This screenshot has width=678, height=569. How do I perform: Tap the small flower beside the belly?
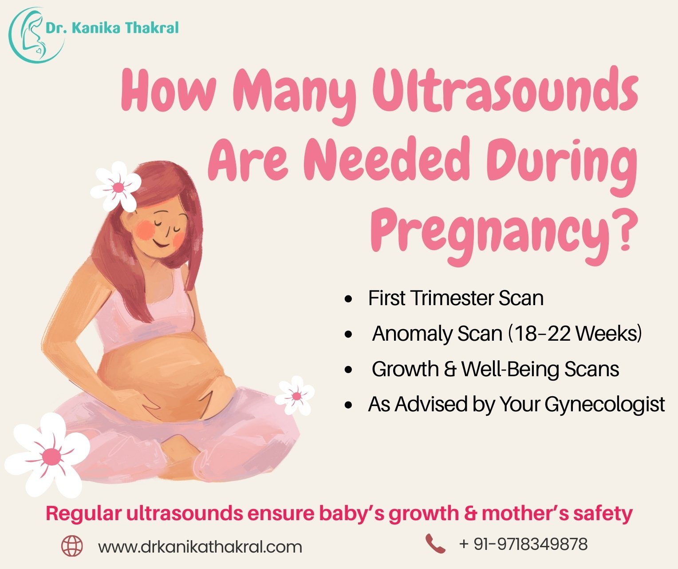(296, 395)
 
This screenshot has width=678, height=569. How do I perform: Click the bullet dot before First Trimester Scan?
(348, 298)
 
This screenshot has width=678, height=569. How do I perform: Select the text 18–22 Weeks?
(577, 333)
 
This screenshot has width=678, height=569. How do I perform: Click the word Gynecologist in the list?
(605, 404)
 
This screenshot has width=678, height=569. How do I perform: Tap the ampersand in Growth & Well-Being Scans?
(449, 369)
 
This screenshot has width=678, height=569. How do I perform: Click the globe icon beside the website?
(72, 546)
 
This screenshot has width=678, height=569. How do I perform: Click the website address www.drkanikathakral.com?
(200, 546)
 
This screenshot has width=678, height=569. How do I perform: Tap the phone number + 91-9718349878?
(524, 544)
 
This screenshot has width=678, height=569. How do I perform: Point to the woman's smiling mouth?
(161, 243)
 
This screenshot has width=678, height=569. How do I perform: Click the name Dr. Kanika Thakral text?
(112, 28)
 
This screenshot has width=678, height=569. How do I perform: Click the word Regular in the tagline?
(83, 513)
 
